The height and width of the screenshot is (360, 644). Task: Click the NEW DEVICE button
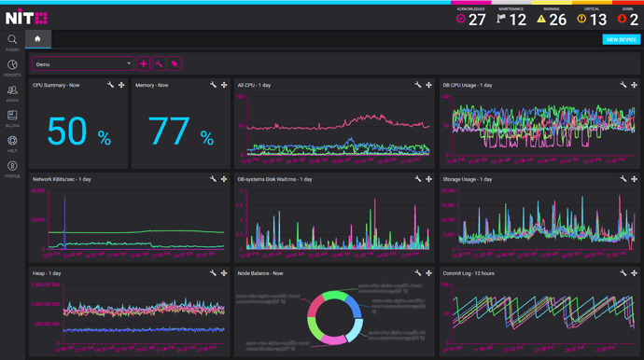[622, 39]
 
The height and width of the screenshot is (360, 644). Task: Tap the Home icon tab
[38, 39]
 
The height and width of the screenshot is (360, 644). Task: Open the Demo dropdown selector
[83, 63]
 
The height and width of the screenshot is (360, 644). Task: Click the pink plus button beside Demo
[144, 63]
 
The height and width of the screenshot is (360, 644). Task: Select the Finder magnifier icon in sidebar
[12, 41]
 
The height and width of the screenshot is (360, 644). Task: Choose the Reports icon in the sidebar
[12, 65]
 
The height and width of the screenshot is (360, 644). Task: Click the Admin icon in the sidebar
[12, 90]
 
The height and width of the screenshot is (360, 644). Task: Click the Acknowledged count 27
[477, 20]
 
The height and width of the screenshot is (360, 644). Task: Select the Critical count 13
[598, 20]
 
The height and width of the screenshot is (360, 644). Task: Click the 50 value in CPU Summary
[67, 132]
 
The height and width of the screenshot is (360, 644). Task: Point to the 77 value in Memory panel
[169, 132]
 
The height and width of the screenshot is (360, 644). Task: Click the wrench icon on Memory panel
[213, 85]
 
